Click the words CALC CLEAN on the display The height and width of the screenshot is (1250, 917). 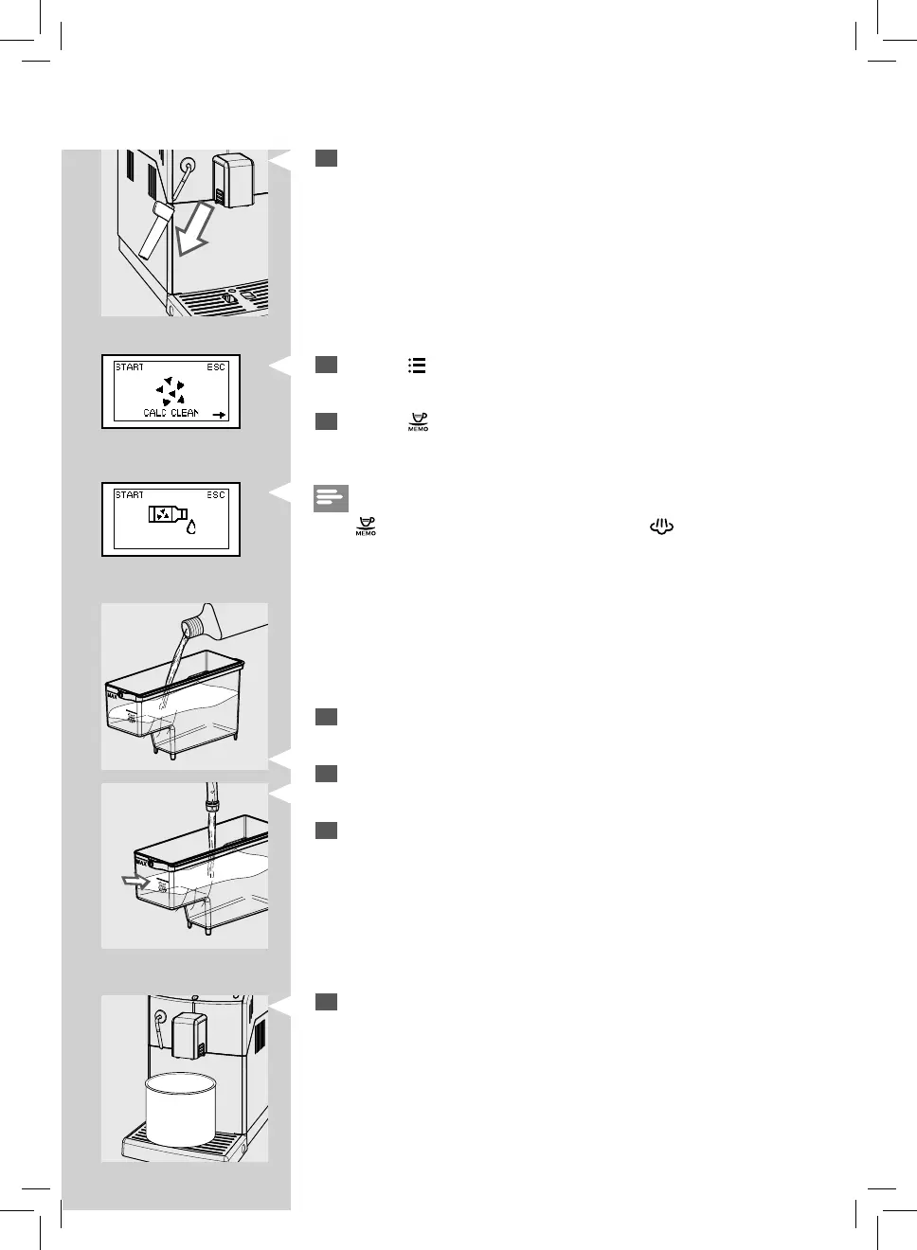coord(171,413)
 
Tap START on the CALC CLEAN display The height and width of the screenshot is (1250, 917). coord(130,367)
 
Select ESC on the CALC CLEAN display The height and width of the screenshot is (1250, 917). coord(216,367)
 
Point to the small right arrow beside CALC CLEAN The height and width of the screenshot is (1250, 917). coord(219,414)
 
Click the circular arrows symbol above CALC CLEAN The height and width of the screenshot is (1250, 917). coord(171,390)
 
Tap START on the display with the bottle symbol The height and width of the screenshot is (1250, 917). coord(130,495)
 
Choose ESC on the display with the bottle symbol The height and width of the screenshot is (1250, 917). coord(216,495)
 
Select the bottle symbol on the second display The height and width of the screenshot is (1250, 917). coord(164,514)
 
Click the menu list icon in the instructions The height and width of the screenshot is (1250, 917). coord(417,366)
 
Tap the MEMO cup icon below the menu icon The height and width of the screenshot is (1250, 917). coord(418,422)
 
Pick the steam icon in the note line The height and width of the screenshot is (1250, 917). coord(661,527)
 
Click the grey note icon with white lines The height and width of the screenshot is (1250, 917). coord(331,497)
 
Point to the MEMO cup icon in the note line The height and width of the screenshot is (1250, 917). coord(366,527)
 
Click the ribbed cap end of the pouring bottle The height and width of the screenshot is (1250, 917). coord(194,626)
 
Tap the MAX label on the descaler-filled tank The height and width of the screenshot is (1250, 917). coord(114,695)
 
